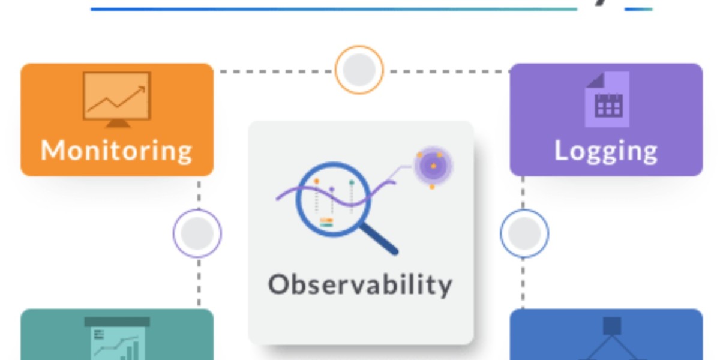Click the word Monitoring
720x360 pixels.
[116, 150]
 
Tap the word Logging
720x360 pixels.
[605, 150]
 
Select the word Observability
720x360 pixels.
[360, 284]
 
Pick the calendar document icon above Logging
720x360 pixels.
[607, 99]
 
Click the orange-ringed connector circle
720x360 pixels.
[359, 70]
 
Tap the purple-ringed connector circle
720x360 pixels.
[197, 233]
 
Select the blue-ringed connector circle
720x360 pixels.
[524, 233]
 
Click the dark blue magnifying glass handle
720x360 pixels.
[380, 239]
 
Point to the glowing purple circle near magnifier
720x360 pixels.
[433, 165]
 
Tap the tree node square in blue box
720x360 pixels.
[612, 326]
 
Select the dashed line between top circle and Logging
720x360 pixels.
[447, 71]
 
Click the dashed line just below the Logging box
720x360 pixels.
[523, 192]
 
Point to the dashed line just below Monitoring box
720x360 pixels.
[198, 192]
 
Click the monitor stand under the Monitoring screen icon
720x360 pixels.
[117, 123]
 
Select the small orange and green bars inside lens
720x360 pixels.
[326, 223]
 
